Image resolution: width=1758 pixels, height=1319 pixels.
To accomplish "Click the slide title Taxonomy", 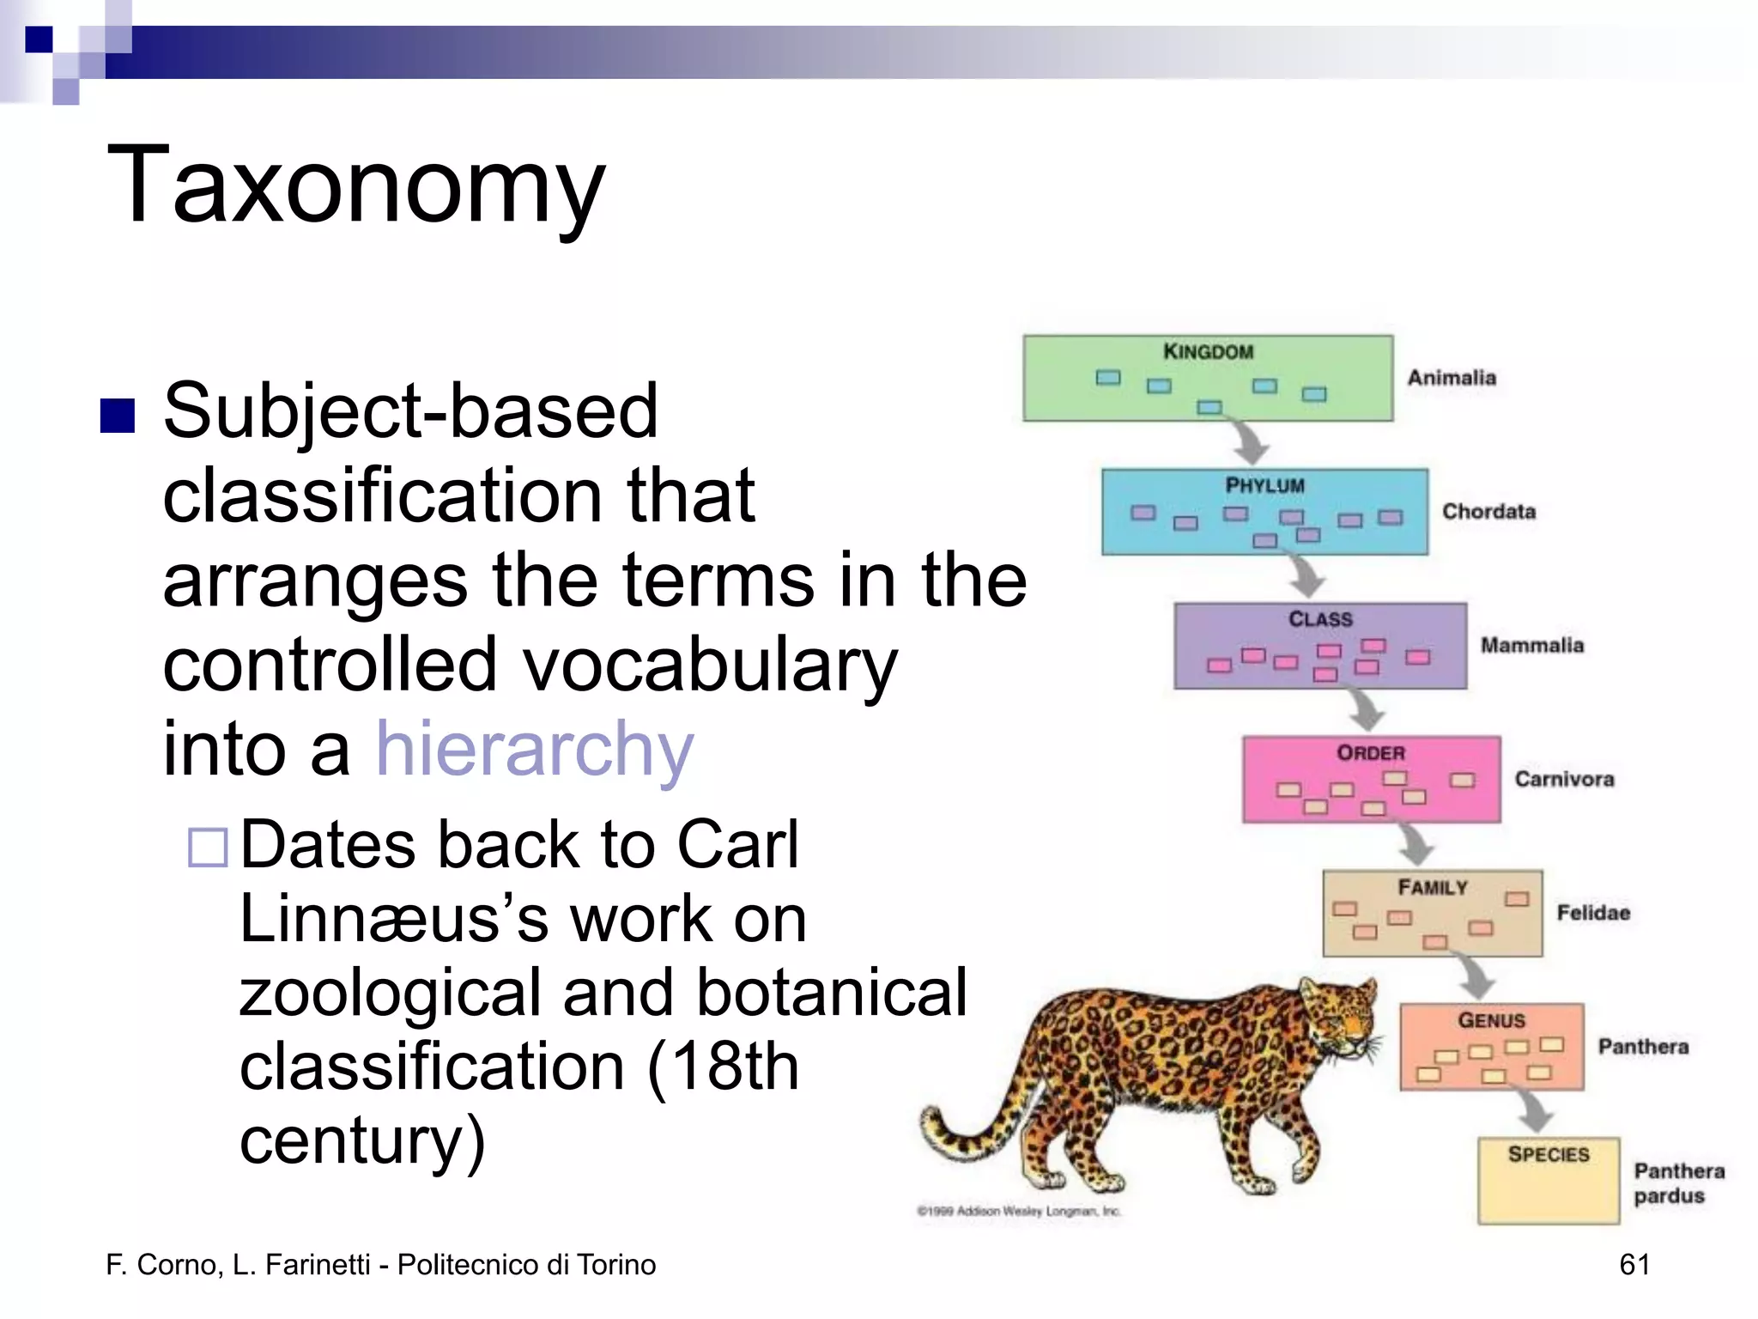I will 355,184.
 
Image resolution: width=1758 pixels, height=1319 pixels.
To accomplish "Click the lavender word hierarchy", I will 534,749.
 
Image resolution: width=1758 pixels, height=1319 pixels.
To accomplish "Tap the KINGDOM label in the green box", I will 1208,351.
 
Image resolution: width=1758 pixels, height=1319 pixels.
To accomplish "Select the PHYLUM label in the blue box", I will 1264,485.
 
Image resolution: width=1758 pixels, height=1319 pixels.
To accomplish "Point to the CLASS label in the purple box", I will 1320,619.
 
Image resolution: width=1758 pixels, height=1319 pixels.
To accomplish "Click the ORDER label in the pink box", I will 1371,753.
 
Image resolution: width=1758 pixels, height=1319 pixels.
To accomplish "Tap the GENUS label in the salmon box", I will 1492,1020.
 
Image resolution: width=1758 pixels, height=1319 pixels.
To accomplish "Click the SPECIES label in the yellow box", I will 1549,1154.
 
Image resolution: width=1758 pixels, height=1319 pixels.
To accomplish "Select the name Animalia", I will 1452,378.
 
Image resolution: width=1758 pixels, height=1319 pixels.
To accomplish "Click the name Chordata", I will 1488,512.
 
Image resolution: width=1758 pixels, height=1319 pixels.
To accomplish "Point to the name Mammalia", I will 1532,645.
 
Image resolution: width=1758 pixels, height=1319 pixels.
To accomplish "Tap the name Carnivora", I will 1564,779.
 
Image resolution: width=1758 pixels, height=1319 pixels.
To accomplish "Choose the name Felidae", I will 1593,913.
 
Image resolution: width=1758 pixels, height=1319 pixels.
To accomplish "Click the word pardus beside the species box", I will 1669,1196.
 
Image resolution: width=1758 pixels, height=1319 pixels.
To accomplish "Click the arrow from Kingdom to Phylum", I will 1249,441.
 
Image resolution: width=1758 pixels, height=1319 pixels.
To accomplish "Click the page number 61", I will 1634,1264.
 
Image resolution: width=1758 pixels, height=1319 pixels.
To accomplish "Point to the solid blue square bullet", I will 118,416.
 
